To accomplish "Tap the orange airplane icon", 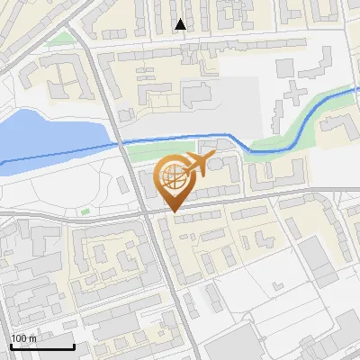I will [197, 164].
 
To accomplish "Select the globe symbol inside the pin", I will [173, 176].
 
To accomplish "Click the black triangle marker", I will [181, 24].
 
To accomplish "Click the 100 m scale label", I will [23, 338].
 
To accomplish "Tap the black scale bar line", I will [42, 346].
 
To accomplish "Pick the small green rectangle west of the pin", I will [85, 211].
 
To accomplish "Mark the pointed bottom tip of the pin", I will [173, 211].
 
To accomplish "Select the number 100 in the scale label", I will [19, 338].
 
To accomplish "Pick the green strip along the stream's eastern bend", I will [297, 126].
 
